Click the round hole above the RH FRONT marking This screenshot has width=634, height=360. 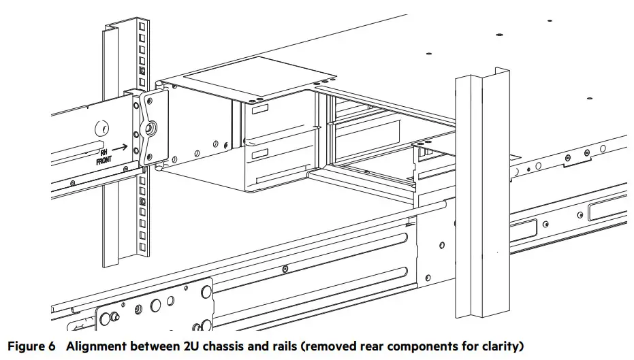[x=101, y=127]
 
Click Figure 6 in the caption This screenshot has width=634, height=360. [x=31, y=346]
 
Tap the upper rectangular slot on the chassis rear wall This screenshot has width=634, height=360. [x=259, y=109]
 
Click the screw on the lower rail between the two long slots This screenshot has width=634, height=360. [x=284, y=269]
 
